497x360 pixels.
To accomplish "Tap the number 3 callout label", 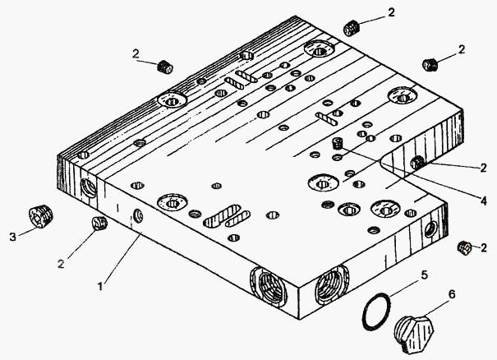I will point(11,238).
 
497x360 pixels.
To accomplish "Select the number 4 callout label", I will point(483,199).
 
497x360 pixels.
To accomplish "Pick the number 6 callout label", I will point(451,293).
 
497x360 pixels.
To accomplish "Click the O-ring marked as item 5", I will point(376,313).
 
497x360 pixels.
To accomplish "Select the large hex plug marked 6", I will point(417,333).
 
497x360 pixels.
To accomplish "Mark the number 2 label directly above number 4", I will point(483,167).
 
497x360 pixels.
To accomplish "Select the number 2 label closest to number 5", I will point(483,247).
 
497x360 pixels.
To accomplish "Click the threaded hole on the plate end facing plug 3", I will point(88,187).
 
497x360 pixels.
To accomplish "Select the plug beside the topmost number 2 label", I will point(353,28).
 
